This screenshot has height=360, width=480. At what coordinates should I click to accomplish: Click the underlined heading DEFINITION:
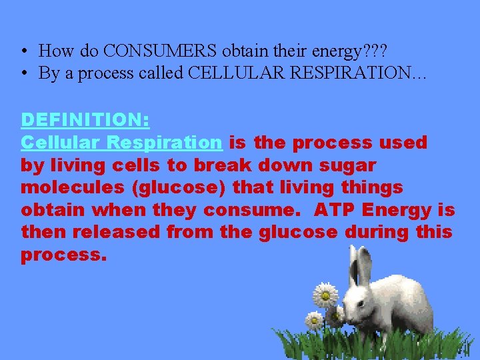click(x=85, y=120)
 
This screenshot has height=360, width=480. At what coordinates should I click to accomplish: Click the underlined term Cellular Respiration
click(x=121, y=143)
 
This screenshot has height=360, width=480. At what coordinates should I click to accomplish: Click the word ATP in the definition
click(x=335, y=211)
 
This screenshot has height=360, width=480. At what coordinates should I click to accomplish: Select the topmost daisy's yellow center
click(x=325, y=293)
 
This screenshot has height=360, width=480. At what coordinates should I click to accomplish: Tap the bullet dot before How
click(x=24, y=51)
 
